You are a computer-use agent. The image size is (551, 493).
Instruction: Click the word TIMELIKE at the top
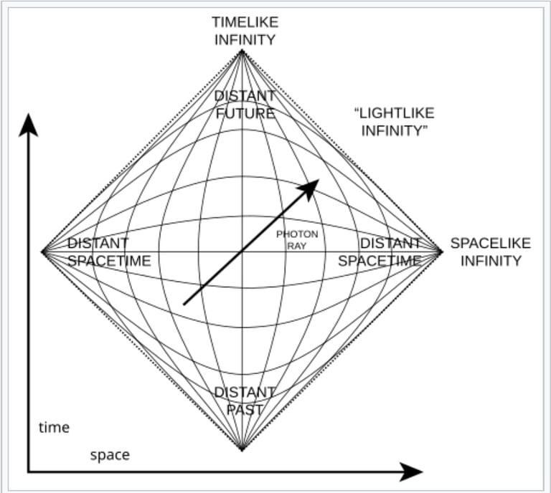click(x=243, y=21)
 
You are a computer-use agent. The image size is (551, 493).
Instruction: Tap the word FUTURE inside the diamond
click(x=245, y=113)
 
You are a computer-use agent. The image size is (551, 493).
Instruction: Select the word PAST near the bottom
click(x=245, y=410)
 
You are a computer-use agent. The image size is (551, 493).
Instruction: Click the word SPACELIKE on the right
click(x=491, y=243)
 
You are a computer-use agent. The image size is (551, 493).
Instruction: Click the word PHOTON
click(x=296, y=234)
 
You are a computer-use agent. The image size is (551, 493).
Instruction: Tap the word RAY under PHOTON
click(x=296, y=246)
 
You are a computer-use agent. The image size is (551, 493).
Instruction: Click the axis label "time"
click(x=54, y=428)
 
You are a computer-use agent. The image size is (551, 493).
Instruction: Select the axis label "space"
click(x=110, y=455)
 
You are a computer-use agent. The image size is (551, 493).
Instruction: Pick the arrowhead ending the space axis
click(x=412, y=472)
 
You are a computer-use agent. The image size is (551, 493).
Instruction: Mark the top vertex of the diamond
click(x=242, y=50)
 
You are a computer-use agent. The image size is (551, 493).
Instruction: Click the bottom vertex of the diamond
click(x=242, y=450)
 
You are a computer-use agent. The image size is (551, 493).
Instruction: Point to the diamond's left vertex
click(x=43, y=252)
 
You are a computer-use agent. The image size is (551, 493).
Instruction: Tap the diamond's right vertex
click(x=442, y=252)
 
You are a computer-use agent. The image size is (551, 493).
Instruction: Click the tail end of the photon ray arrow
click(x=184, y=305)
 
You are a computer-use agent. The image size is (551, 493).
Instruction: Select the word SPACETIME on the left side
click(x=109, y=261)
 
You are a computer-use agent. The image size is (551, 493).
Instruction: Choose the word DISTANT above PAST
click(x=245, y=393)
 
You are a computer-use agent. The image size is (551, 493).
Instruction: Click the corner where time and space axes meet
click(x=29, y=472)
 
